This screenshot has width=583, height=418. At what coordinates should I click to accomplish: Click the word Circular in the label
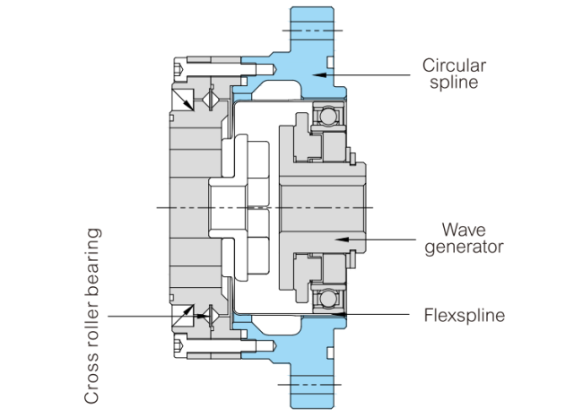pos(454,65)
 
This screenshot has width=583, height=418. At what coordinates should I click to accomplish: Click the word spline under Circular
pos(454,83)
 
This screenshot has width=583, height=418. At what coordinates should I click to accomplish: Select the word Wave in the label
pos(464,230)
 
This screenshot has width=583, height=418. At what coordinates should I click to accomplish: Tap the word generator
pos(464,248)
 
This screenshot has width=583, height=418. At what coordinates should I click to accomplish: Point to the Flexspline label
pos(465,315)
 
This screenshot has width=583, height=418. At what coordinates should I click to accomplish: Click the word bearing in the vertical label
pos(92,262)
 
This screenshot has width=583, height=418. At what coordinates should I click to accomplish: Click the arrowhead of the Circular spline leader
pos(319,75)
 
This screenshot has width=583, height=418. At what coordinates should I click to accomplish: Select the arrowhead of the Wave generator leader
pos(342,239)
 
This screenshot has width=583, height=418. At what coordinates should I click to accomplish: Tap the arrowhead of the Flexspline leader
pos(339,314)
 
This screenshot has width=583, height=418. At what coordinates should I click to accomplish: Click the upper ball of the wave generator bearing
pos(329,116)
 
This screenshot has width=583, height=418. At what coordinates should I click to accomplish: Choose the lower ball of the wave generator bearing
pos(329,299)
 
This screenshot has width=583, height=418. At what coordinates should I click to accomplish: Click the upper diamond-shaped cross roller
pos(211,99)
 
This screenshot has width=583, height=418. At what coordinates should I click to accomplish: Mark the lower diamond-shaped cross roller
pos(211,316)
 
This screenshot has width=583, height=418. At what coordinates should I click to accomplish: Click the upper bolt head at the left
pos(179,69)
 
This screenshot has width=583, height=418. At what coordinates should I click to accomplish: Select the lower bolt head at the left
pos(179,346)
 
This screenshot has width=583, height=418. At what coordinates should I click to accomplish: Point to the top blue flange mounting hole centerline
pos(312,30)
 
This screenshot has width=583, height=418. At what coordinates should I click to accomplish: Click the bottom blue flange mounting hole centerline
pos(309,385)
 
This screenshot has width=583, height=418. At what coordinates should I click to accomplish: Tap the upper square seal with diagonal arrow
pos(183,100)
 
